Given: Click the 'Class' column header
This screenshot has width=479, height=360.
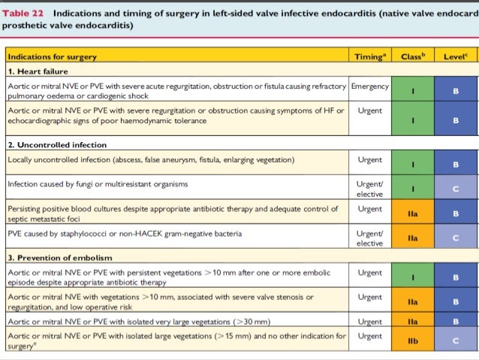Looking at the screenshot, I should tap(411, 56).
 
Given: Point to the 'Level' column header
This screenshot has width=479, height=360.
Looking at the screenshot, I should tap(453, 56).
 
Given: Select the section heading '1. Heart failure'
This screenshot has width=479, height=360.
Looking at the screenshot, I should tap(38, 71).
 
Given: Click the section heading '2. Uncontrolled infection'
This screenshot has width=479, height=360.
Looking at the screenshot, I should tap(57, 144).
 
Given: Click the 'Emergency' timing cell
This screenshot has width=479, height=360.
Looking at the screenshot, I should tap(370, 86).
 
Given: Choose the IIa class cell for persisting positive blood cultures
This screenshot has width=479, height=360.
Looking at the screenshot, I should tap(412, 213).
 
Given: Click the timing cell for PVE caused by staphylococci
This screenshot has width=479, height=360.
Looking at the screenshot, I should tap(370, 238).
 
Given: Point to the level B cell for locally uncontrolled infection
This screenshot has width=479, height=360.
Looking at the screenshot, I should tap(455, 162).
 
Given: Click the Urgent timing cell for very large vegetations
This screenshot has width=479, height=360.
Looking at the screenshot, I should tap(370, 322).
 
